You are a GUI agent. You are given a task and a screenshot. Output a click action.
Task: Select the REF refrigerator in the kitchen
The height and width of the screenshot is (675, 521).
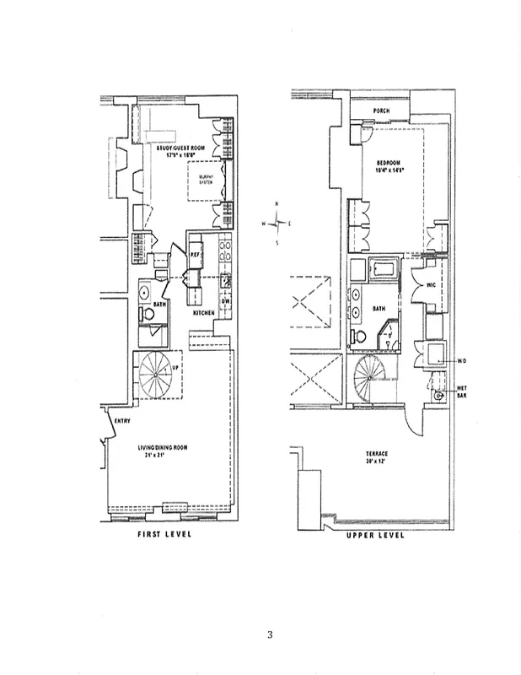194,253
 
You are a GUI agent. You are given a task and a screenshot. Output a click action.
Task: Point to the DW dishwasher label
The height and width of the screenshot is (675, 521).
225,301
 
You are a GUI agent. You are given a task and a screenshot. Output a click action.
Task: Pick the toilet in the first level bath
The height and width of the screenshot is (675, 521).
148,313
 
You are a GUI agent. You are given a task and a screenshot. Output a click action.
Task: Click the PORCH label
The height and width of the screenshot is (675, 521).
382,121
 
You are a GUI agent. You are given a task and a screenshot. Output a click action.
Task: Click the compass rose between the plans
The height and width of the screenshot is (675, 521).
278,223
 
